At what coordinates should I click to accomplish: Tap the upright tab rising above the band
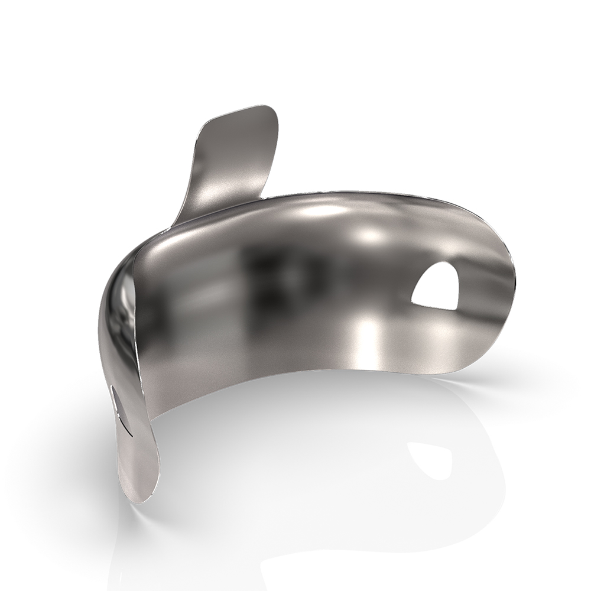point(233,160)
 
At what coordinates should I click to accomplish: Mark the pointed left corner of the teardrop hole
point(413,304)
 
